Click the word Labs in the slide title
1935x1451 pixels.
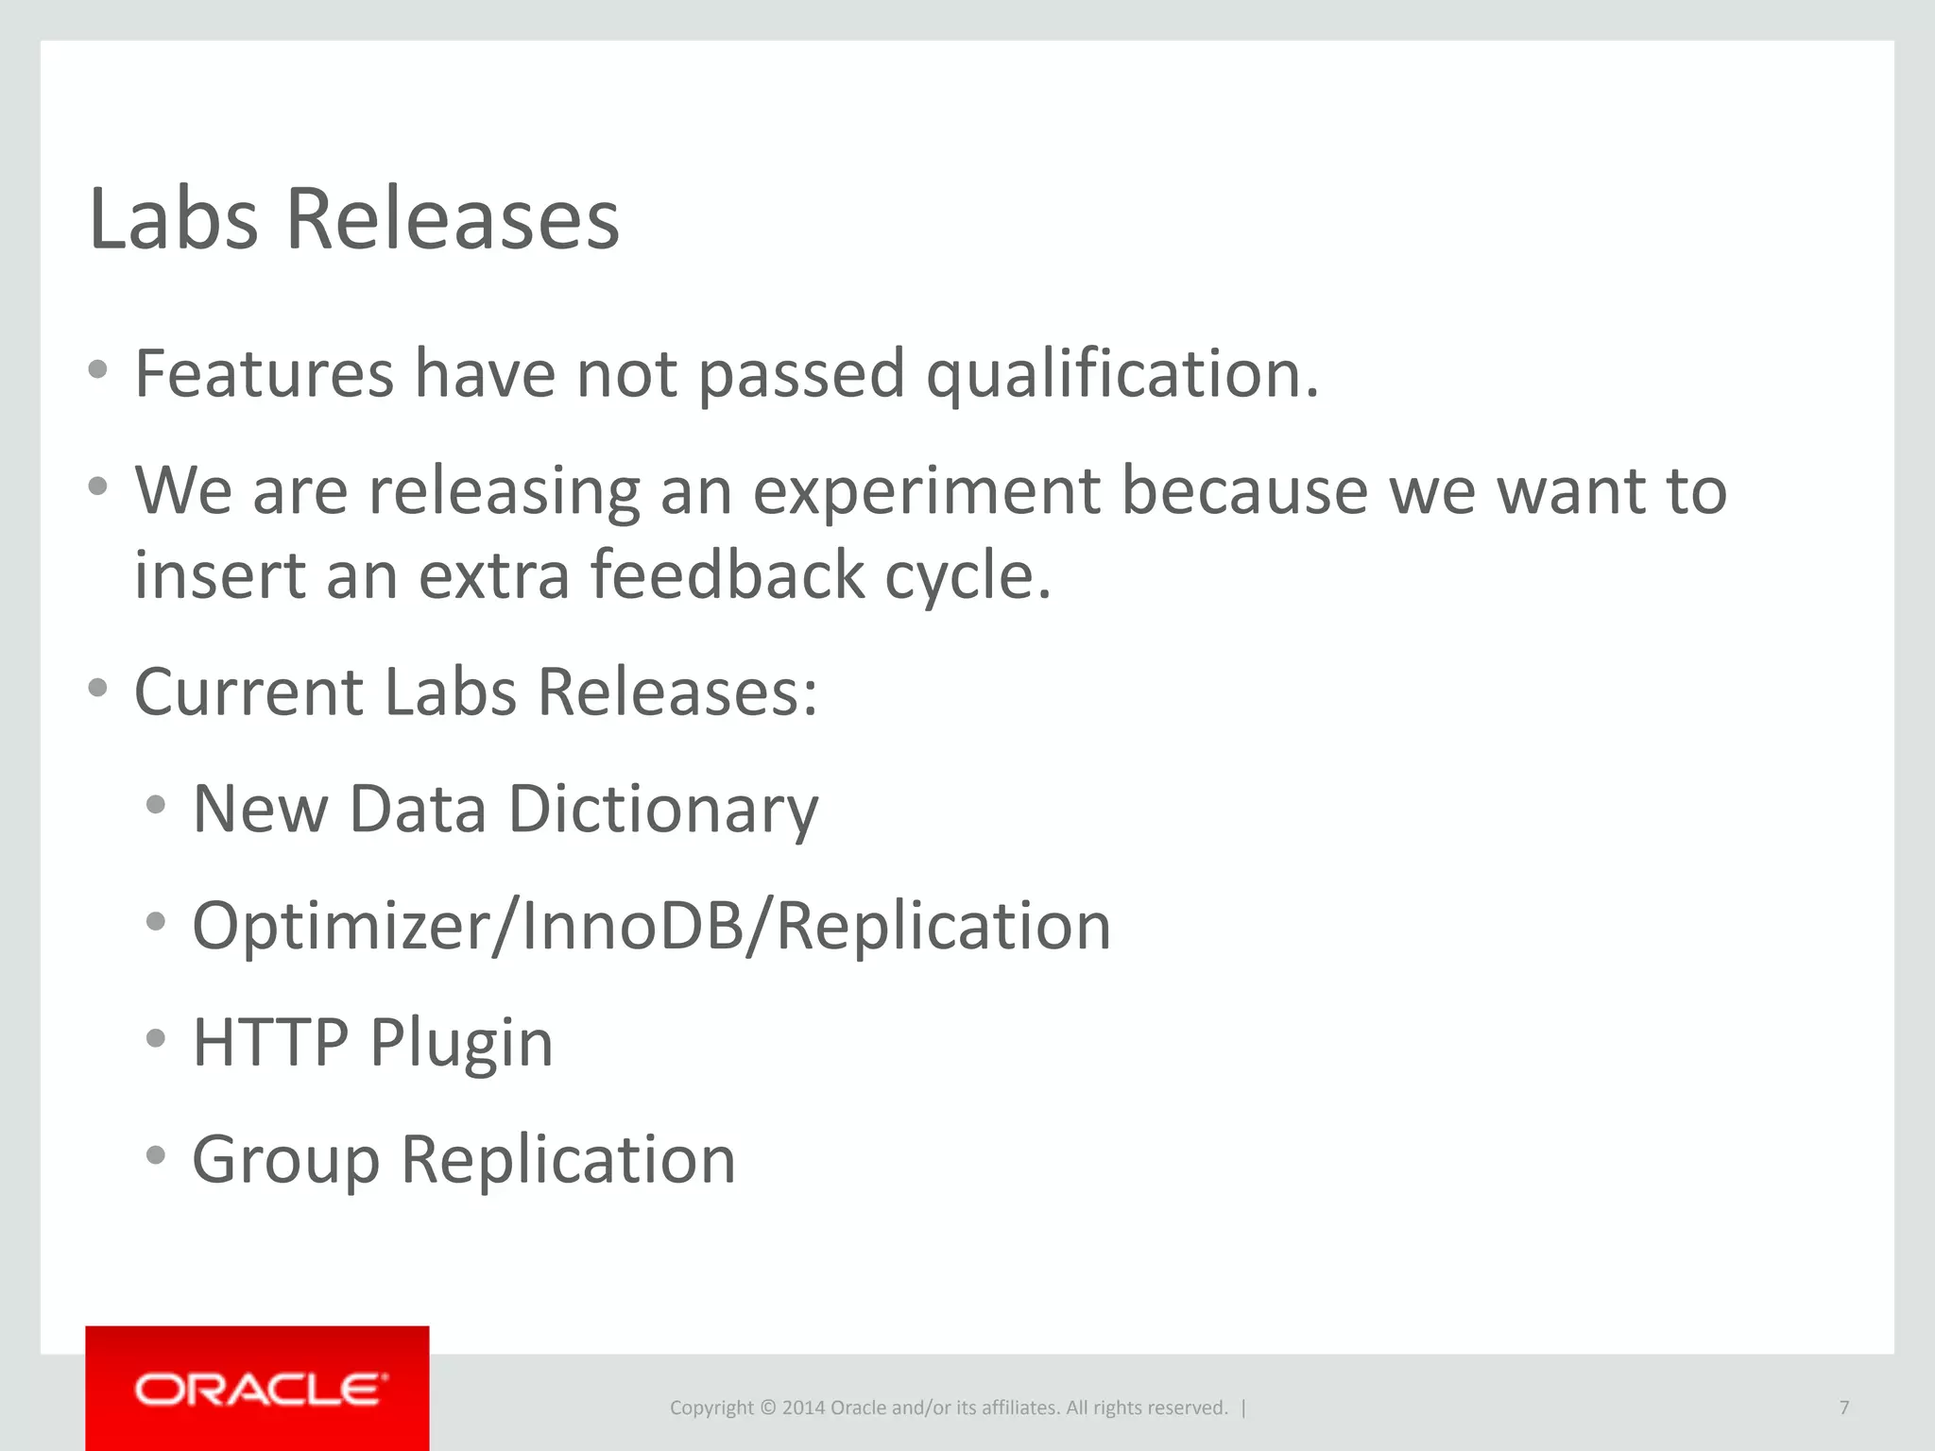coord(173,219)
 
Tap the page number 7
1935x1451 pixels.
coord(1843,1408)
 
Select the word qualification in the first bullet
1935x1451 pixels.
coord(1122,374)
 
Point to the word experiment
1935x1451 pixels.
coord(926,491)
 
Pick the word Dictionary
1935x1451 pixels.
coord(663,810)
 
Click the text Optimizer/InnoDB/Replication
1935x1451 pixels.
coord(651,926)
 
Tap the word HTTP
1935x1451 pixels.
coord(270,1043)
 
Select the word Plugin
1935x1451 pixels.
coord(461,1043)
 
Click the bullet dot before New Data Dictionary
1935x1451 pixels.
coord(156,806)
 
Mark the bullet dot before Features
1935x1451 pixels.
coord(97,370)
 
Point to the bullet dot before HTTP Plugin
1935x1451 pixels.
coord(156,1039)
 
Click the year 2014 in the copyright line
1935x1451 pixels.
coord(803,1408)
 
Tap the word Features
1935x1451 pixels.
coord(264,374)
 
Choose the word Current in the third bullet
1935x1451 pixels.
coord(248,692)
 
